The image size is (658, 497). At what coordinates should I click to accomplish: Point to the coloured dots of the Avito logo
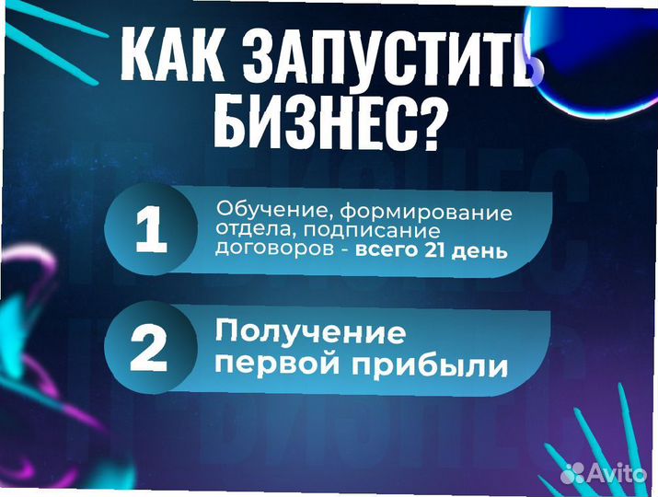[x=572, y=473]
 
